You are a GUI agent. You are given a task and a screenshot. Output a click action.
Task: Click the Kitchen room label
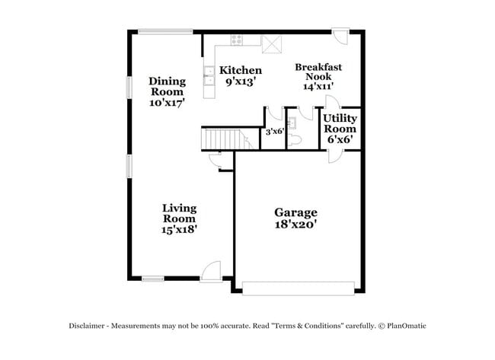241,70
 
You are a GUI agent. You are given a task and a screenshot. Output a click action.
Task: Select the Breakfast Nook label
318,72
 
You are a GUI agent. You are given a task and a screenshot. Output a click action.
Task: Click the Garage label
295,212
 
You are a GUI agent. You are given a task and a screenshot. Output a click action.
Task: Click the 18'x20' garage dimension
295,225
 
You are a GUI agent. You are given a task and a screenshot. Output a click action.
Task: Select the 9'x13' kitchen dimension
241,82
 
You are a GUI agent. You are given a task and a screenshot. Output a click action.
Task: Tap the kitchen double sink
208,74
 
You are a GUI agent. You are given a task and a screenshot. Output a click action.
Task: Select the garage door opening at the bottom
299,286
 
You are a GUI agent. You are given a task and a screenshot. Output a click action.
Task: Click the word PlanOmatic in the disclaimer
406,326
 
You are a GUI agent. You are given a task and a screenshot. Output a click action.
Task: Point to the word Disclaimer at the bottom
91,326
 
